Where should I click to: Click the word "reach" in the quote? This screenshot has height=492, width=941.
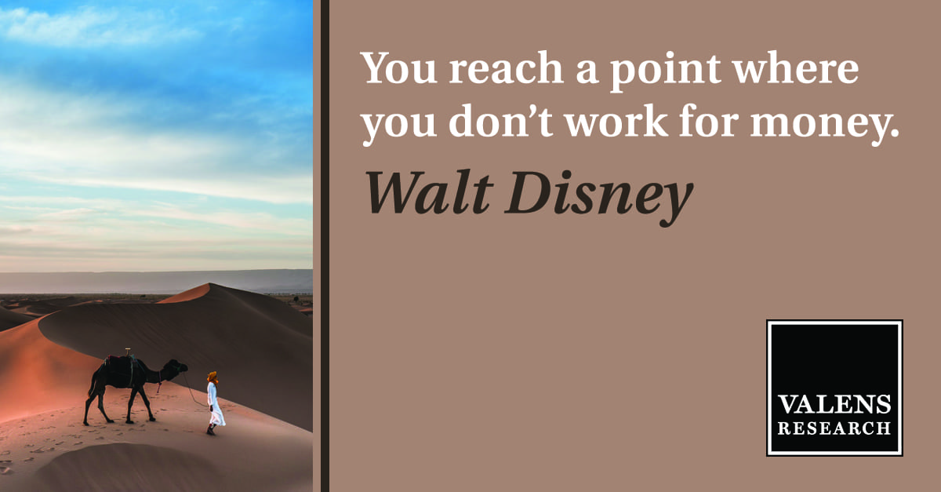coord(506,67)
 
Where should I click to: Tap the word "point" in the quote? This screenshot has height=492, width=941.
coord(666,71)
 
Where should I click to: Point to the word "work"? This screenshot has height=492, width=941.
coord(616,120)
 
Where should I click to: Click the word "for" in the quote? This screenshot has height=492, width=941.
coord(709,120)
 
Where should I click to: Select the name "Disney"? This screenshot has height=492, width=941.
coord(598,198)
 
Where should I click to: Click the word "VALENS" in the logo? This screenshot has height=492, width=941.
coord(834,405)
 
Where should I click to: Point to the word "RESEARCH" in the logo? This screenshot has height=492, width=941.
coord(834,428)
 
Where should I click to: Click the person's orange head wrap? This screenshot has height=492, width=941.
coord(213,377)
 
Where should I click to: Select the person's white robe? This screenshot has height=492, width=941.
coord(215,403)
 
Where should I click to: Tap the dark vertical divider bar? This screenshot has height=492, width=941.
coord(325,246)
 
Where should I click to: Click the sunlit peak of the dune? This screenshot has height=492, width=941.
coord(209,285)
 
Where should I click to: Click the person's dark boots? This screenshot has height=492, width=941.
coord(211,430)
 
